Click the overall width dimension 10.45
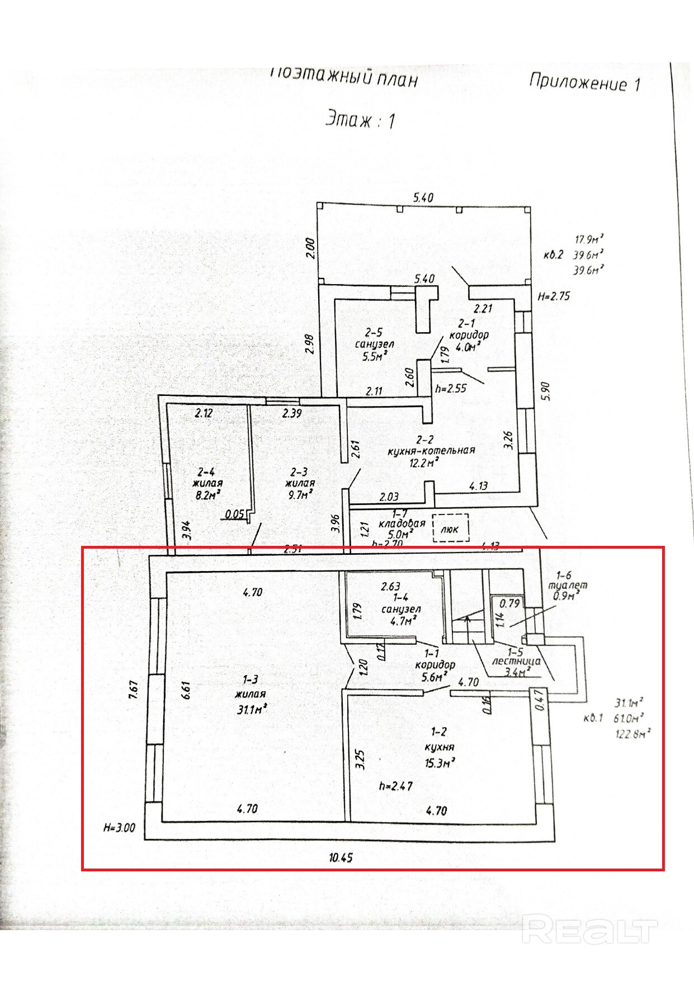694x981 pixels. tap(341, 857)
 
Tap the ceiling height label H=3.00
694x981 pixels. tap(119, 828)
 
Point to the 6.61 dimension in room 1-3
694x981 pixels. tap(186, 690)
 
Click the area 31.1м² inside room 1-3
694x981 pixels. tap(250, 709)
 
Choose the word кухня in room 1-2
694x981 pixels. tap(439, 747)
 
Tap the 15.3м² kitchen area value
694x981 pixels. tap(439, 763)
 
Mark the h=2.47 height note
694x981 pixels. tap(395, 786)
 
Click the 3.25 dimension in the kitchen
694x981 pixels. tap(360, 759)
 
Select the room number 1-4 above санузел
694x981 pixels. tap(400, 597)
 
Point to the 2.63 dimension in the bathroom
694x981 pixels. tap(390, 586)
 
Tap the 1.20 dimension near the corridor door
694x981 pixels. tap(362, 666)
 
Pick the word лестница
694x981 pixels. tap(516, 661)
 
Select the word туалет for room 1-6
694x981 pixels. tap(568, 586)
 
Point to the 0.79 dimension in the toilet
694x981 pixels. tap(509, 603)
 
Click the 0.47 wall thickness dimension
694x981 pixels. tap(539, 700)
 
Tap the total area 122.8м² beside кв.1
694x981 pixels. tap(632, 733)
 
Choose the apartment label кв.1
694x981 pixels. tap(593, 718)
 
